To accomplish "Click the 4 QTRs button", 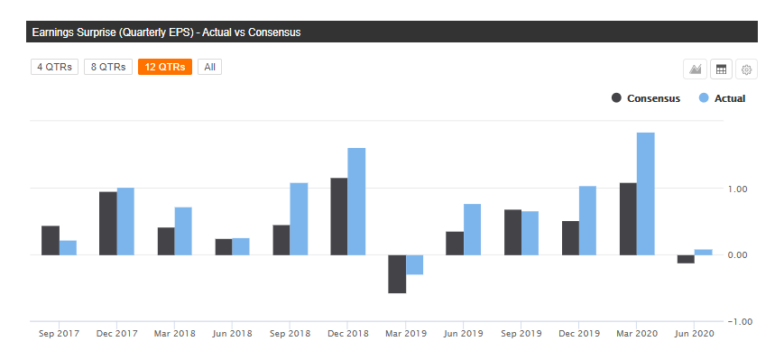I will tap(54, 68).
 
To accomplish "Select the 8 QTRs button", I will tap(108, 68).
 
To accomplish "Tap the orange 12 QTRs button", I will tap(164, 68).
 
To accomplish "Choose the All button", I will tap(209, 68).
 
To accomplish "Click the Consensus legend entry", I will tap(645, 98).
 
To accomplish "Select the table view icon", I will tap(721, 69).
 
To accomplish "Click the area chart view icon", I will tap(696, 69).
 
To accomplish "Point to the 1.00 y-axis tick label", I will tap(738, 189).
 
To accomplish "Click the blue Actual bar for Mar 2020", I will tap(645, 194).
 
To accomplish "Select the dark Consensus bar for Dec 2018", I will tap(339, 217).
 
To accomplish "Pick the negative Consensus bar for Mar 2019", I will tap(396, 274).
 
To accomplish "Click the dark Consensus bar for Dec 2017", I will tap(108, 224).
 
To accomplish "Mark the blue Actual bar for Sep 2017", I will tap(68, 248).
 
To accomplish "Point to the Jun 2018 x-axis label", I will tap(232, 334).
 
